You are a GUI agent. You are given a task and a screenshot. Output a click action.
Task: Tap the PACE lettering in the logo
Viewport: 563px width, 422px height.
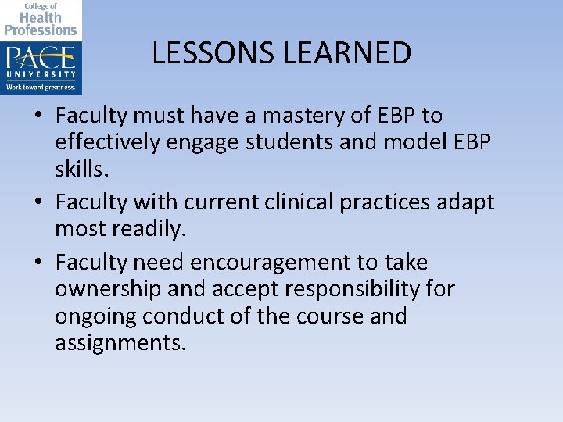(41, 59)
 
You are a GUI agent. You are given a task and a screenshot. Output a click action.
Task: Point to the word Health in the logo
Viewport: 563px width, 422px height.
(41, 17)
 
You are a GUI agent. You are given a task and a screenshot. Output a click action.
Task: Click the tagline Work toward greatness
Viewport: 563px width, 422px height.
(41, 87)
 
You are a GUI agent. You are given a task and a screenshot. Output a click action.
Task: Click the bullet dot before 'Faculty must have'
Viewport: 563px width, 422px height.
(38, 116)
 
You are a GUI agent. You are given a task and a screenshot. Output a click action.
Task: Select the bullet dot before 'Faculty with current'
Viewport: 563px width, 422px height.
(38, 202)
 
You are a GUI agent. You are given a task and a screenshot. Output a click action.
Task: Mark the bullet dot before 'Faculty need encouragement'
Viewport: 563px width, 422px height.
(38, 263)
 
